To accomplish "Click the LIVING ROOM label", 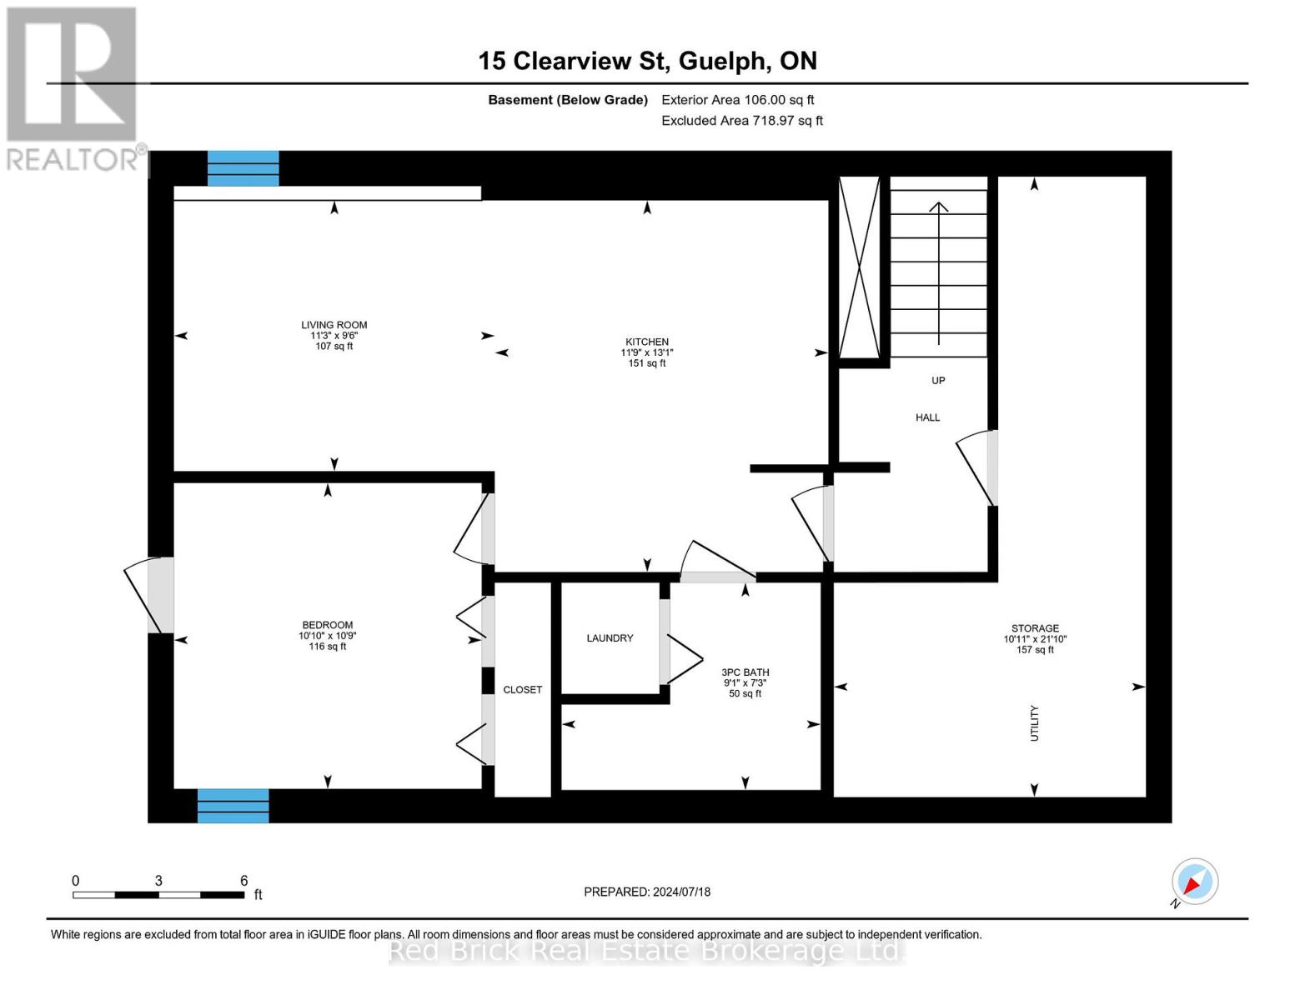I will [x=334, y=325].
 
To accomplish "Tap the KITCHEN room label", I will [x=647, y=342].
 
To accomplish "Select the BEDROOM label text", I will [x=327, y=625].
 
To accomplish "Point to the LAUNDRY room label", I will [x=610, y=638].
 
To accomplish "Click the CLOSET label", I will [x=523, y=690].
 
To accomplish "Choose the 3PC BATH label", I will [x=745, y=672].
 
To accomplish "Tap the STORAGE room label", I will [x=1035, y=628].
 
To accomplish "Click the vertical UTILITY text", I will [x=1035, y=722].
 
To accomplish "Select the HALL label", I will [x=927, y=417].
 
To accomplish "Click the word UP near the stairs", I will [x=938, y=381].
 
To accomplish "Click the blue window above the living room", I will [x=243, y=168].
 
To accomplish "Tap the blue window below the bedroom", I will [x=233, y=806].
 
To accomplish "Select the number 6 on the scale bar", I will [x=244, y=881].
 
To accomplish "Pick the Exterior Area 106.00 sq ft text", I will [x=737, y=100].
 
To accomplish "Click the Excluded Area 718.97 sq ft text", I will [x=741, y=121].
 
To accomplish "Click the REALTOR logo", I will [x=73, y=88].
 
